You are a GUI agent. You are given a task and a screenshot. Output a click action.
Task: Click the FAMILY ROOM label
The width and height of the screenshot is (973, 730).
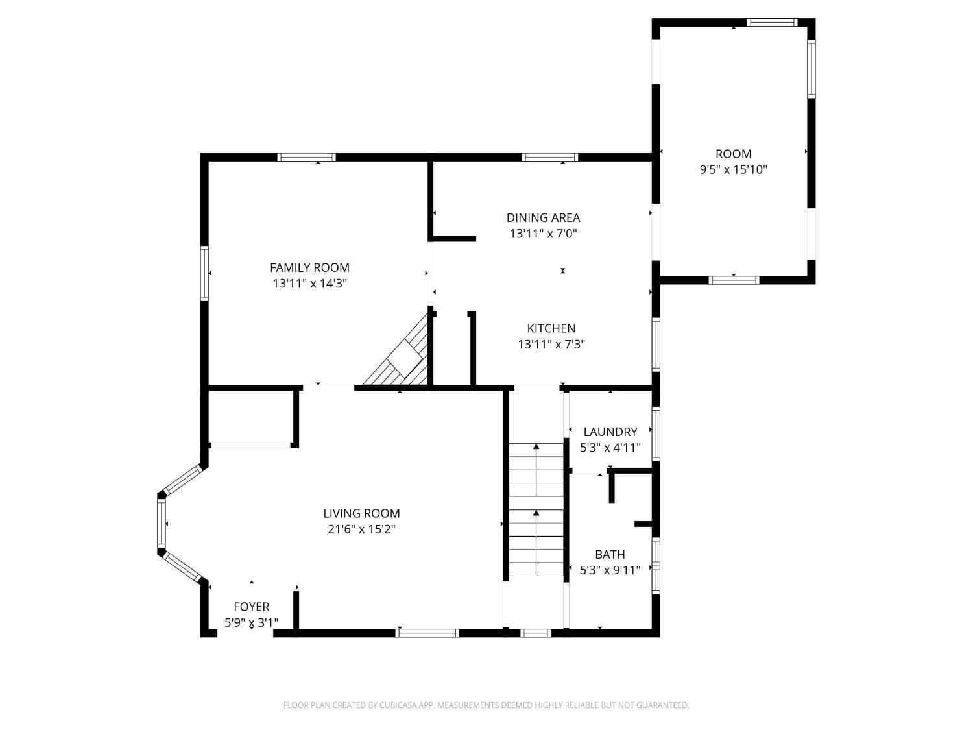pyautogui.click(x=309, y=267)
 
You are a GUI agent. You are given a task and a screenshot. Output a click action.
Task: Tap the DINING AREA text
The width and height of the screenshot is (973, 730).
pyautogui.click(x=543, y=217)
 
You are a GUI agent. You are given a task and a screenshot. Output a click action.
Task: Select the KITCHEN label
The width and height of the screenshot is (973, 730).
pyautogui.click(x=551, y=328)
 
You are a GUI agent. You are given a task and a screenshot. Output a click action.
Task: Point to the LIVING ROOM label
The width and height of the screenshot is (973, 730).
pyautogui.click(x=361, y=513)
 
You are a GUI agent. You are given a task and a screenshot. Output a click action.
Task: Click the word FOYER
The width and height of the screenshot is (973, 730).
pyautogui.click(x=251, y=607)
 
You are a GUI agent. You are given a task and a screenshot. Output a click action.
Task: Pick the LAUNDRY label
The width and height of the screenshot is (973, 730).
pyautogui.click(x=610, y=432)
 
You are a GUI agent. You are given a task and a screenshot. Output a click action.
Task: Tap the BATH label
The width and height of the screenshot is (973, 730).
pyautogui.click(x=610, y=554)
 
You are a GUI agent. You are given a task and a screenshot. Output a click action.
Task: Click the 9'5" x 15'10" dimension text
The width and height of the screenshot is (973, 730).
pyautogui.click(x=733, y=170)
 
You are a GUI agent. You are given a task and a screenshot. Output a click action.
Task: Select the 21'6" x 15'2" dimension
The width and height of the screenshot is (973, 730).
pyautogui.click(x=361, y=529)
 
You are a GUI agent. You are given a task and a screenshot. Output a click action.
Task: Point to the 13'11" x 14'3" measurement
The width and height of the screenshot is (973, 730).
pyautogui.click(x=309, y=284)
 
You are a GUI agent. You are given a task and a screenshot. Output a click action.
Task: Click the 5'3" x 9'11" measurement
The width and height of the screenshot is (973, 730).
pyautogui.click(x=610, y=570)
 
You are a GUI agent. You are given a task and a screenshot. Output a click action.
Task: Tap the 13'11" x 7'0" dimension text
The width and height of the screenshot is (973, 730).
pyautogui.click(x=543, y=234)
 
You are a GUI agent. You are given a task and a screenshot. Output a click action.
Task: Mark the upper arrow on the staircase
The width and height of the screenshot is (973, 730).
pyautogui.click(x=536, y=448)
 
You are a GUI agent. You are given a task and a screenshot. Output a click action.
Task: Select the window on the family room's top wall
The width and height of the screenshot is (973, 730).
pyautogui.click(x=306, y=157)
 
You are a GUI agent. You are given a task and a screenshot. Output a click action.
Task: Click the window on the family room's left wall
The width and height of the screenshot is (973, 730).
pyautogui.click(x=204, y=273)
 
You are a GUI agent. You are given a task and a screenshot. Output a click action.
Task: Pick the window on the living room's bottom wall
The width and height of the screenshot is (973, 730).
pyautogui.click(x=427, y=633)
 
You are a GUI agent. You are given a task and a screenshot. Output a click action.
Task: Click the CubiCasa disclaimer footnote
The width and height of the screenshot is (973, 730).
pyautogui.click(x=486, y=705)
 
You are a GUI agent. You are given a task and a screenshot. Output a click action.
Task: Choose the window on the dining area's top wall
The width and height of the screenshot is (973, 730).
pyautogui.click(x=549, y=157)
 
